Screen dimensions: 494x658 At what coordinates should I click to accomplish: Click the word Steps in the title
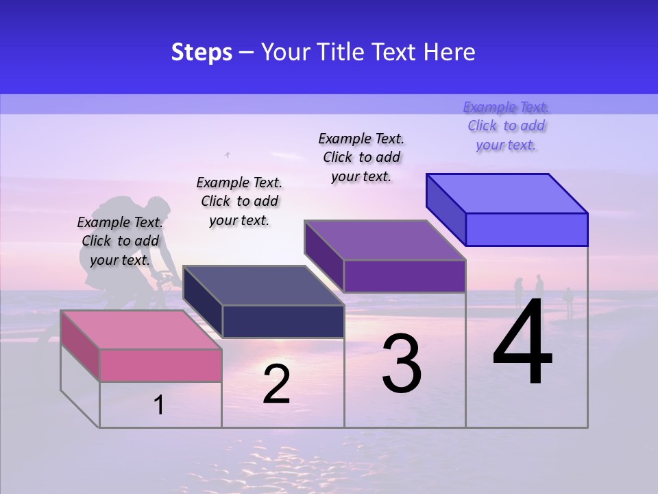click(x=202, y=52)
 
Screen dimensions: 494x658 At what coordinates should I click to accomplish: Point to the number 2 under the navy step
click(x=276, y=384)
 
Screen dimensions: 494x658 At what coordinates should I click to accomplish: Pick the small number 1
click(x=159, y=405)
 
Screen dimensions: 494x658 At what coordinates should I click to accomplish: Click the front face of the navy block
click(x=283, y=321)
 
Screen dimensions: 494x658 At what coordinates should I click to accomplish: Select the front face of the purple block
click(x=404, y=276)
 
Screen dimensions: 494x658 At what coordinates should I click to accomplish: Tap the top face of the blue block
click(x=507, y=193)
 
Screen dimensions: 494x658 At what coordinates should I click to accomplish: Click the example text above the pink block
click(x=120, y=241)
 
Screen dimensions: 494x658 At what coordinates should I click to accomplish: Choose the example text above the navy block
click(x=239, y=201)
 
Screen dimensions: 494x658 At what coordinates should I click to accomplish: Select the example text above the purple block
click(x=361, y=157)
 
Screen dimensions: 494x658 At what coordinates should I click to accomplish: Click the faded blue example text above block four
click(x=506, y=126)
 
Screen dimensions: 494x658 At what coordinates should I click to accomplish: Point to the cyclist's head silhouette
click(x=159, y=205)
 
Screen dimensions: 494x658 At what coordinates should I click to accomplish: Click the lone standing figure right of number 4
click(x=568, y=301)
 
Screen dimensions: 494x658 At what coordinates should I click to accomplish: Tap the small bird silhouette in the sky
click(x=228, y=155)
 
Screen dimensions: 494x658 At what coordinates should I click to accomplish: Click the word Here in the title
click(x=450, y=52)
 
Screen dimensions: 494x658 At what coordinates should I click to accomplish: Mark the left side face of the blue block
click(x=446, y=209)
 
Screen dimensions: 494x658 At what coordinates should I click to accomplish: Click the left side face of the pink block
click(x=80, y=346)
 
